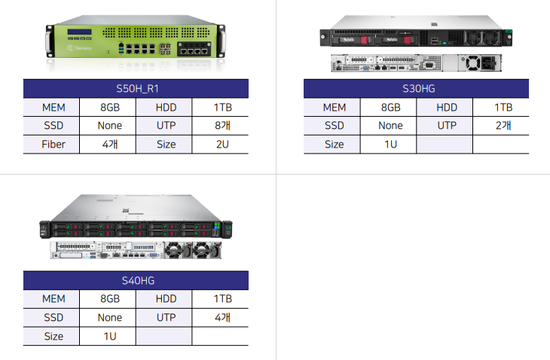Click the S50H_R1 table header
[136, 89]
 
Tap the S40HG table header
[136, 281]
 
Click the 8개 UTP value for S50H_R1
[221, 126]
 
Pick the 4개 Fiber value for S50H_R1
[108, 144]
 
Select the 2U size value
[221, 144]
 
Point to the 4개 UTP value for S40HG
[221, 318]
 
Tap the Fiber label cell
[53, 144]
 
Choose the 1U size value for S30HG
[390, 144]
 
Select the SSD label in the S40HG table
[53, 318]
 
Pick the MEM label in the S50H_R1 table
[53, 108]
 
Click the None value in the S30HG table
[390, 126]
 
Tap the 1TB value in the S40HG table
[221, 300]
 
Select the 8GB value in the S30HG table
[390, 108]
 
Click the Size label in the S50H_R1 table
[166, 144]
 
